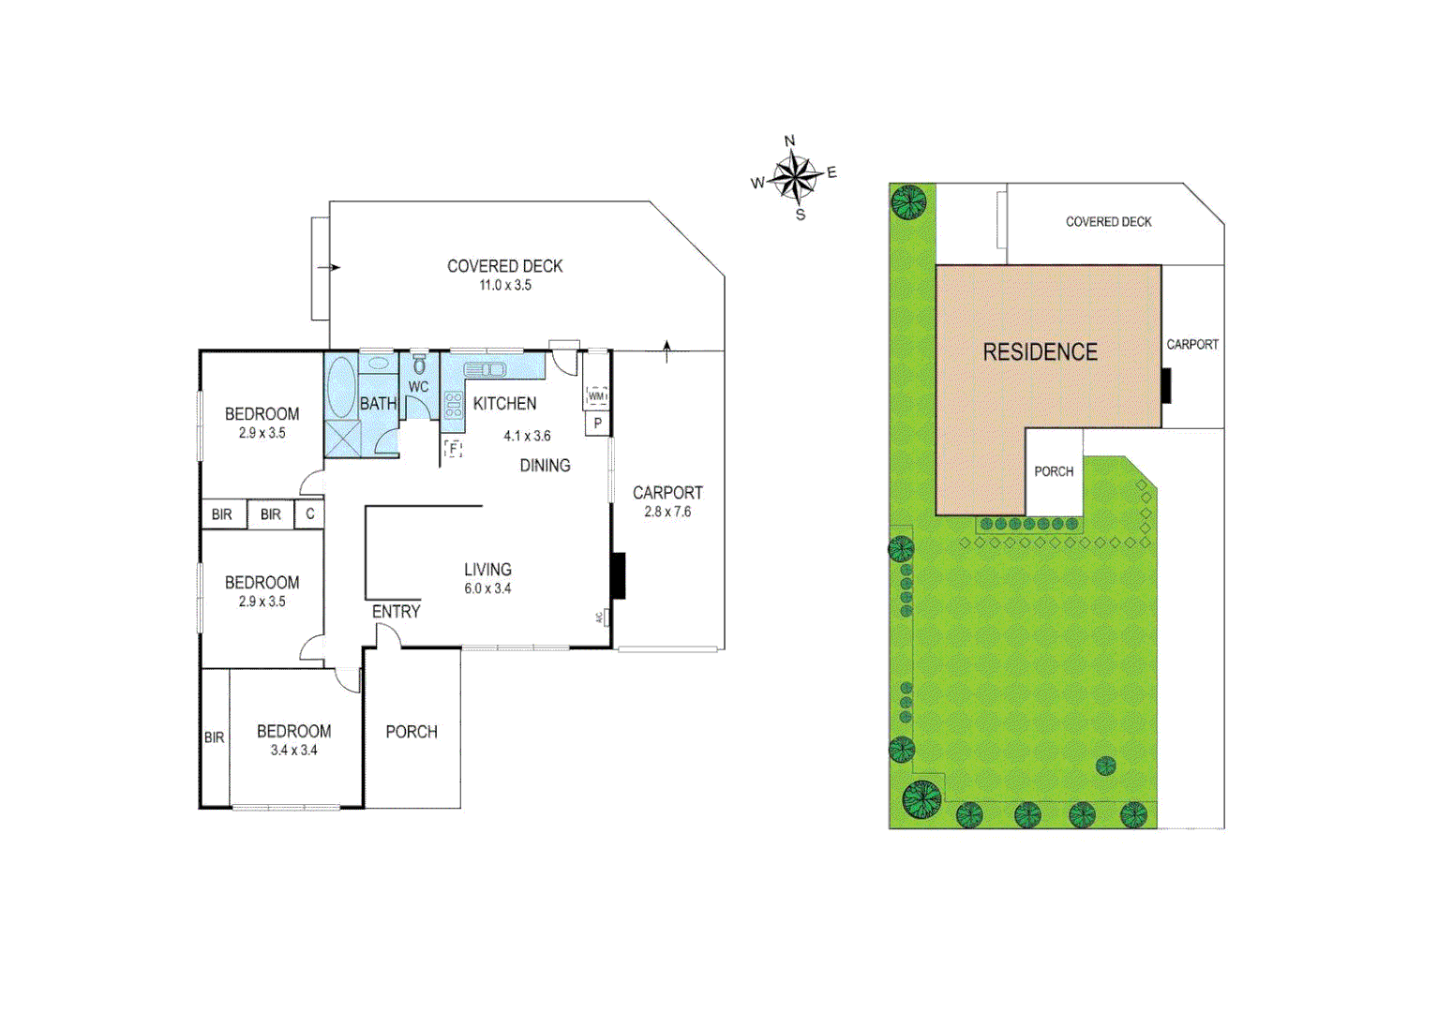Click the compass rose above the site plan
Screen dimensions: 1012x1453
pos(795,177)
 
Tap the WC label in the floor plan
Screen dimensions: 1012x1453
pos(418,387)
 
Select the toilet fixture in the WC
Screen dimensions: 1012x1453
pos(419,365)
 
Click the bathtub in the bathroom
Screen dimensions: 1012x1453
pos(341,385)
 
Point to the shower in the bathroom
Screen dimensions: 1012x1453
pos(342,439)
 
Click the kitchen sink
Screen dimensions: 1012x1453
pos(485,369)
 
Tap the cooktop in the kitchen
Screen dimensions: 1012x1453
pos(454,405)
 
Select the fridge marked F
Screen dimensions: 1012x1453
pos(454,448)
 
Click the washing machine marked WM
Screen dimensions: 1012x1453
pos(596,395)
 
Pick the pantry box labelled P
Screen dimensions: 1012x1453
pos(597,424)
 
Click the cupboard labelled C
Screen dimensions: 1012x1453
pos(309,514)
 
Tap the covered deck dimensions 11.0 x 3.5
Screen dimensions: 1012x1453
pos(505,285)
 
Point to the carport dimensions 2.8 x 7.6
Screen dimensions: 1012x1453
pos(667,512)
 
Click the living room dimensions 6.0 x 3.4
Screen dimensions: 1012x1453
pos(487,588)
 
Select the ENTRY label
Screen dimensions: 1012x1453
pos(396,612)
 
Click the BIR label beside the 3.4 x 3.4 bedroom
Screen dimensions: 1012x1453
pos(215,737)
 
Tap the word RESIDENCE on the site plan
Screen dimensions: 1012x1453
pos(1040,352)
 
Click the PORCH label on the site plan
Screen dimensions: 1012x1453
pos(1054,471)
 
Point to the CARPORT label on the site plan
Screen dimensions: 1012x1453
pos(1192,345)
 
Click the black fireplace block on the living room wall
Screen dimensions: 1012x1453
pos(618,575)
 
